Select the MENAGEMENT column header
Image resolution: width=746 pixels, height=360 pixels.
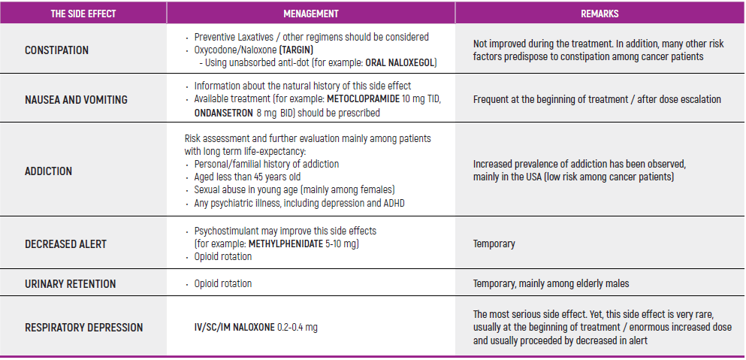click(x=310, y=14)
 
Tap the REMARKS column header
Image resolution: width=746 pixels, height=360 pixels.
click(x=599, y=14)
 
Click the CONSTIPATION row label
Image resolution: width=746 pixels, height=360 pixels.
click(x=56, y=50)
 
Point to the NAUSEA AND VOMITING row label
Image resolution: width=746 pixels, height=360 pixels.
click(x=76, y=99)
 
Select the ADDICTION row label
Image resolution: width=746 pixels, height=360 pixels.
click(x=48, y=171)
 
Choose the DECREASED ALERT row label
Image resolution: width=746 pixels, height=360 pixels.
click(x=65, y=244)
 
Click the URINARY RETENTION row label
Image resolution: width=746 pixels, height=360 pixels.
click(x=70, y=284)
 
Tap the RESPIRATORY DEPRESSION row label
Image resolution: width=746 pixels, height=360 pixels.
click(x=83, y=327)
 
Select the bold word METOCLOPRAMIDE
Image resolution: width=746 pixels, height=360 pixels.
click(x=363, y=99)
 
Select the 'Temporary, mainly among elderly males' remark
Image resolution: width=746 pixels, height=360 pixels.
click(x=551, y=284)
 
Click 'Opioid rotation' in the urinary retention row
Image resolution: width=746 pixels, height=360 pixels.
click(x=223, y=284)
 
